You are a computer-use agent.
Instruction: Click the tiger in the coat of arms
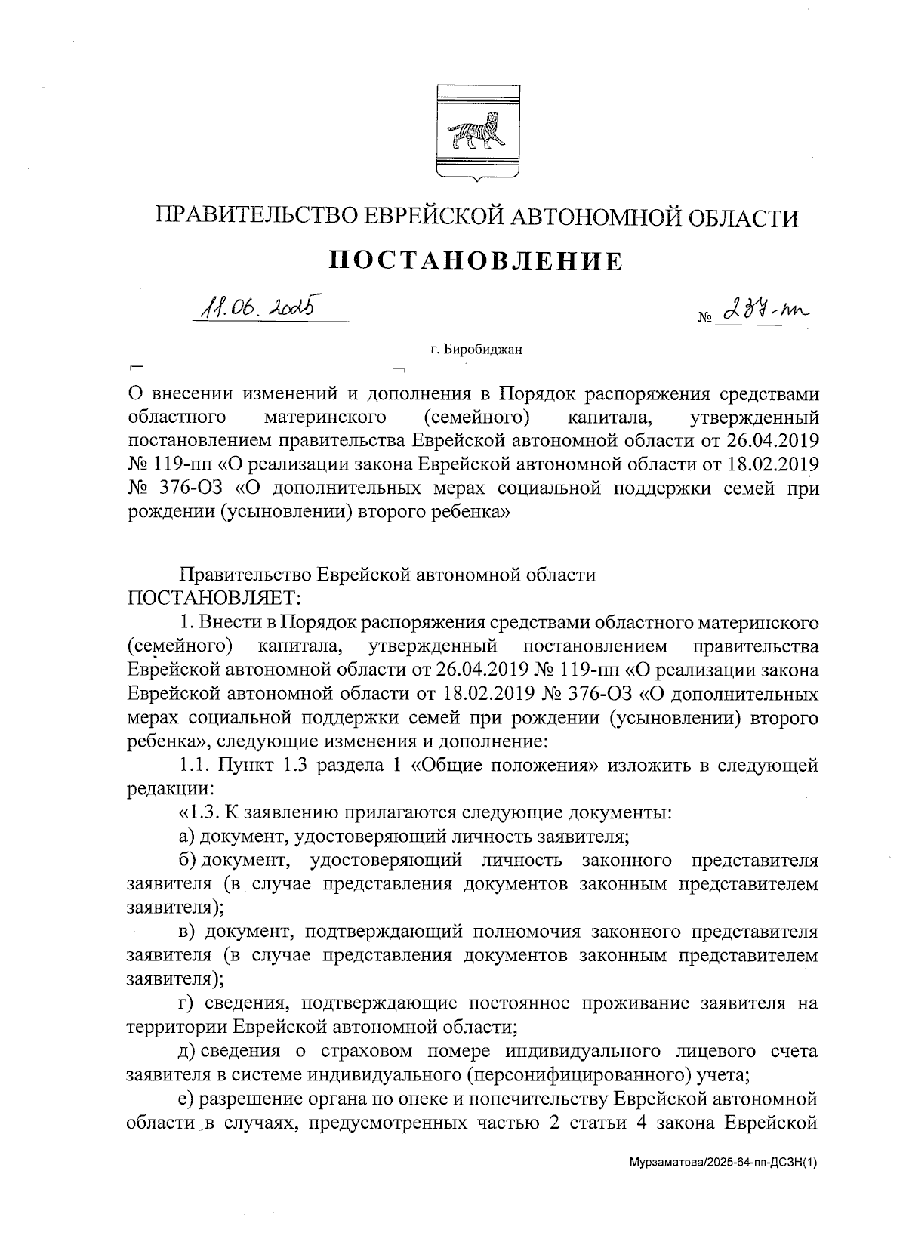point(475,133)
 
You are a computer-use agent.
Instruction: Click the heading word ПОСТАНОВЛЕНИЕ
point(476,261)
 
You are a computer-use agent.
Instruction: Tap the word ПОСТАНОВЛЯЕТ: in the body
point(214,598)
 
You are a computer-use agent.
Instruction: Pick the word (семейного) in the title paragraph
point(474,417)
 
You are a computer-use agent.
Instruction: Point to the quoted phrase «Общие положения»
point(505,765)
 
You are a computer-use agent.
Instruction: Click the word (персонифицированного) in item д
point(581,1074)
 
